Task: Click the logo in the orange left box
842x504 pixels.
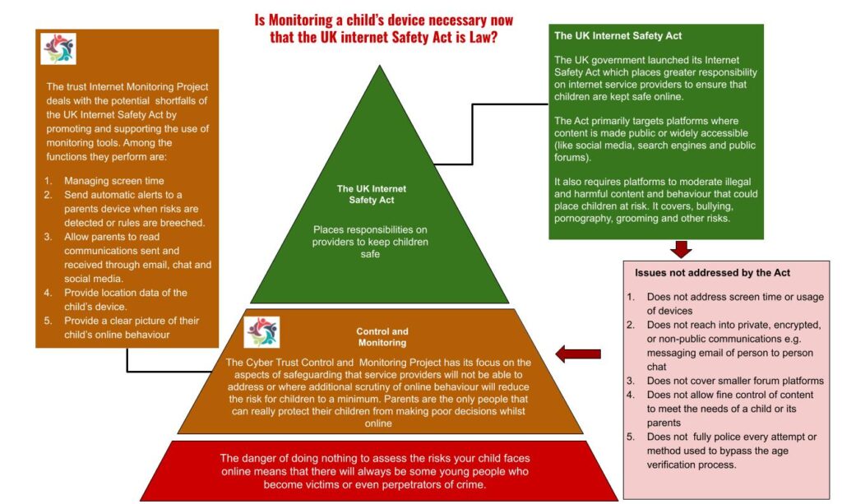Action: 58,49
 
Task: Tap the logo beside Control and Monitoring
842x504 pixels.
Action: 261,332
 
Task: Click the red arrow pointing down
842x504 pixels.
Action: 682,248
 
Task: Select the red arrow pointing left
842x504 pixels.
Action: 577,354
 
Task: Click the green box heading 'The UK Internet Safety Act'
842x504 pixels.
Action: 618,36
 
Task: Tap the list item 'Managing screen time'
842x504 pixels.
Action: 115,180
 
